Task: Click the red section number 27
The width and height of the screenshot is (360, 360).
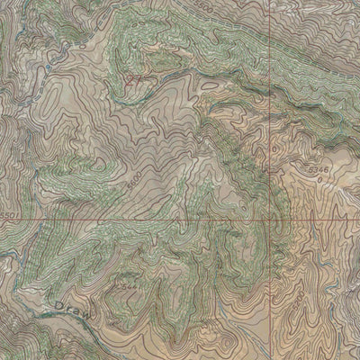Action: pyautogui.click(x=135, y=80)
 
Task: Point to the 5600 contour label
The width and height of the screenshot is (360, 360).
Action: pyautogui.click(x=132, y=181)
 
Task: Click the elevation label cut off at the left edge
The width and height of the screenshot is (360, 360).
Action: pyautogui.click(x=7, y=216)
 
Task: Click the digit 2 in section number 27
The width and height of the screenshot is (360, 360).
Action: pyautogui.click(x=130, y=80)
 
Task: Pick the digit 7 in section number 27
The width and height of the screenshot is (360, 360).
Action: pyautogui.click(x=139, y=80)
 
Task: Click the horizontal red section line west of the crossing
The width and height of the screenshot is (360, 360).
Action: pyautogui.click(x=135, y=220)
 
